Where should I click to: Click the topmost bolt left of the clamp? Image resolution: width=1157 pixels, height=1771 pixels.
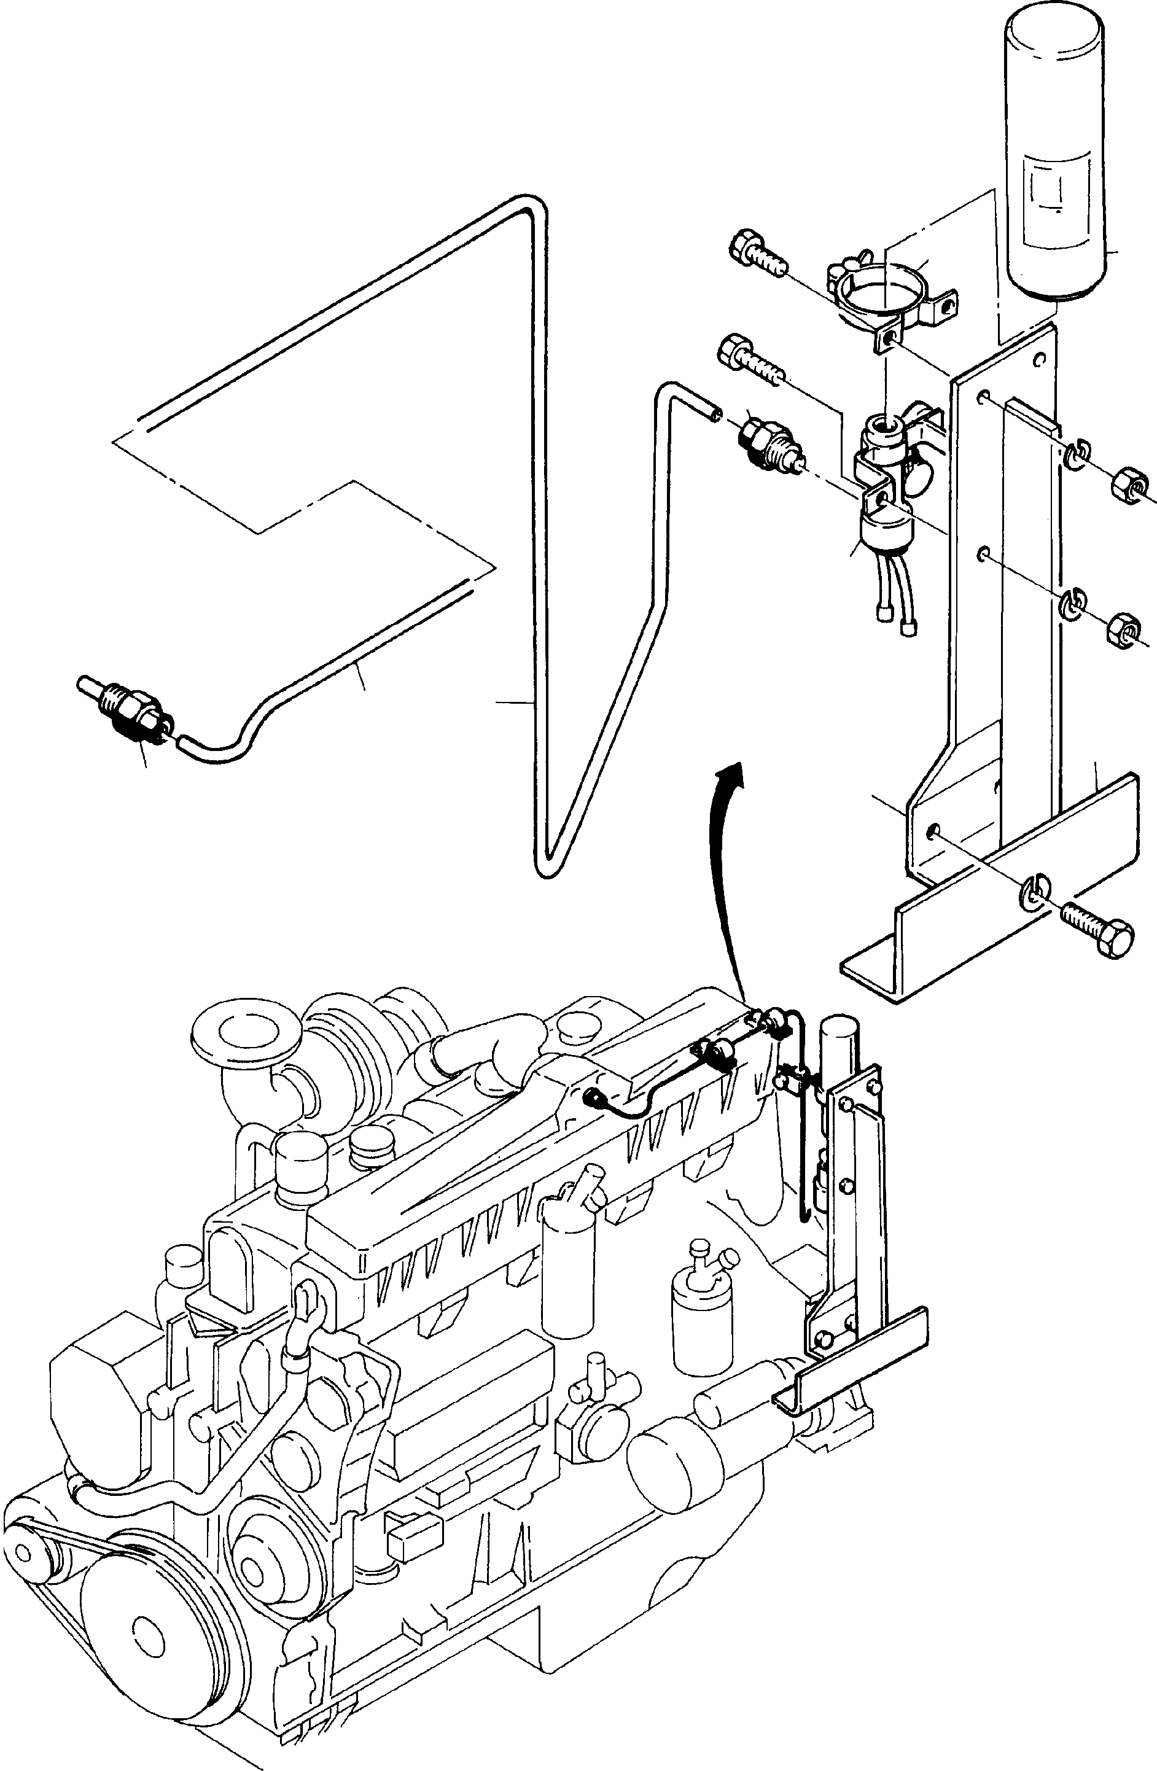(x=759, y=256)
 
